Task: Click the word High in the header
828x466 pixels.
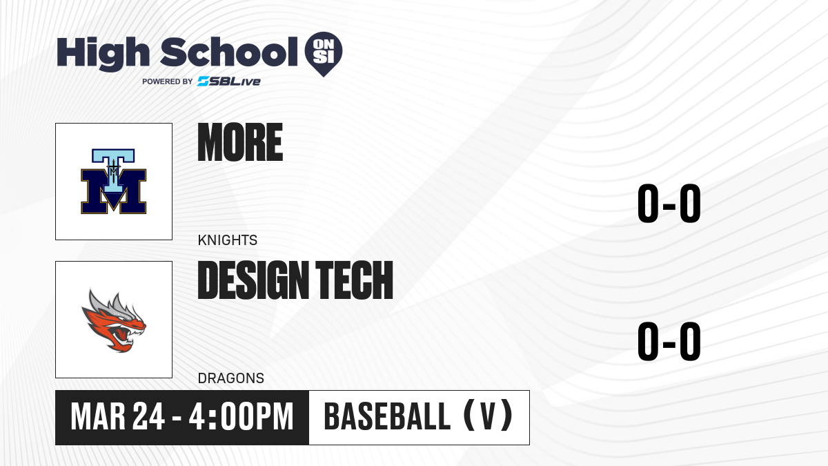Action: point(103,54)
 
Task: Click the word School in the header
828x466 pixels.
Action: point(229,52)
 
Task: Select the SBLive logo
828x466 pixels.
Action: point(229,81)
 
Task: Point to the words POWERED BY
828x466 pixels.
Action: point(168,81)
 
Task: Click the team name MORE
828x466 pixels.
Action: point(240,142)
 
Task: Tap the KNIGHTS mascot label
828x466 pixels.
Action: point(228,240)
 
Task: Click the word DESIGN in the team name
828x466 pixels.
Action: point(253,280)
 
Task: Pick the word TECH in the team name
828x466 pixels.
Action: point(354,280)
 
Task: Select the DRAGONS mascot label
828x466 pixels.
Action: point(231,378)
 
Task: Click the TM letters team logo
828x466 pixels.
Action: point(114,181)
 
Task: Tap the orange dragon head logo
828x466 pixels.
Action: point(114,320)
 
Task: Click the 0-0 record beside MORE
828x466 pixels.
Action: point(669,204)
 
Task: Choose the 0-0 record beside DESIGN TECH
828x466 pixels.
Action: point(669,341)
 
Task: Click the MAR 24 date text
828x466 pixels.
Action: point(117,417)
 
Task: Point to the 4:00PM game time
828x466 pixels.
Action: point(241,417)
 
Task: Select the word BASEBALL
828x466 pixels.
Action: point(387,417)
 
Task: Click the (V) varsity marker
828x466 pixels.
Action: point(488,417)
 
